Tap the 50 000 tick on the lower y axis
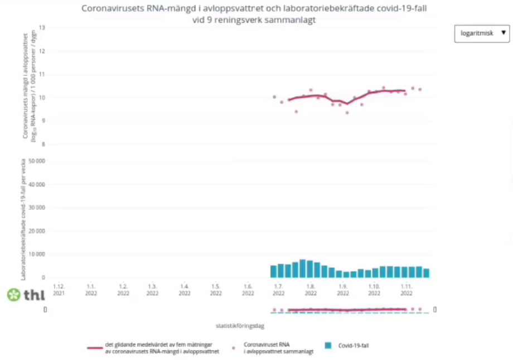point(36,161)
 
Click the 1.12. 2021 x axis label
point(59,289)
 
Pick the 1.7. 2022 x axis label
point(277,289)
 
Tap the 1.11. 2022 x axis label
point(406,289)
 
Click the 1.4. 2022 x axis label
point(184,289)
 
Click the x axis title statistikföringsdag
point(240,325)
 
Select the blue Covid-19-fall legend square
point(328,345)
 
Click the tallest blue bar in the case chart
point(303,268)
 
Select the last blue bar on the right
point(426,273)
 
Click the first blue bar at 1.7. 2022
point(273,271)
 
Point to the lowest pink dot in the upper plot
point(347,113)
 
